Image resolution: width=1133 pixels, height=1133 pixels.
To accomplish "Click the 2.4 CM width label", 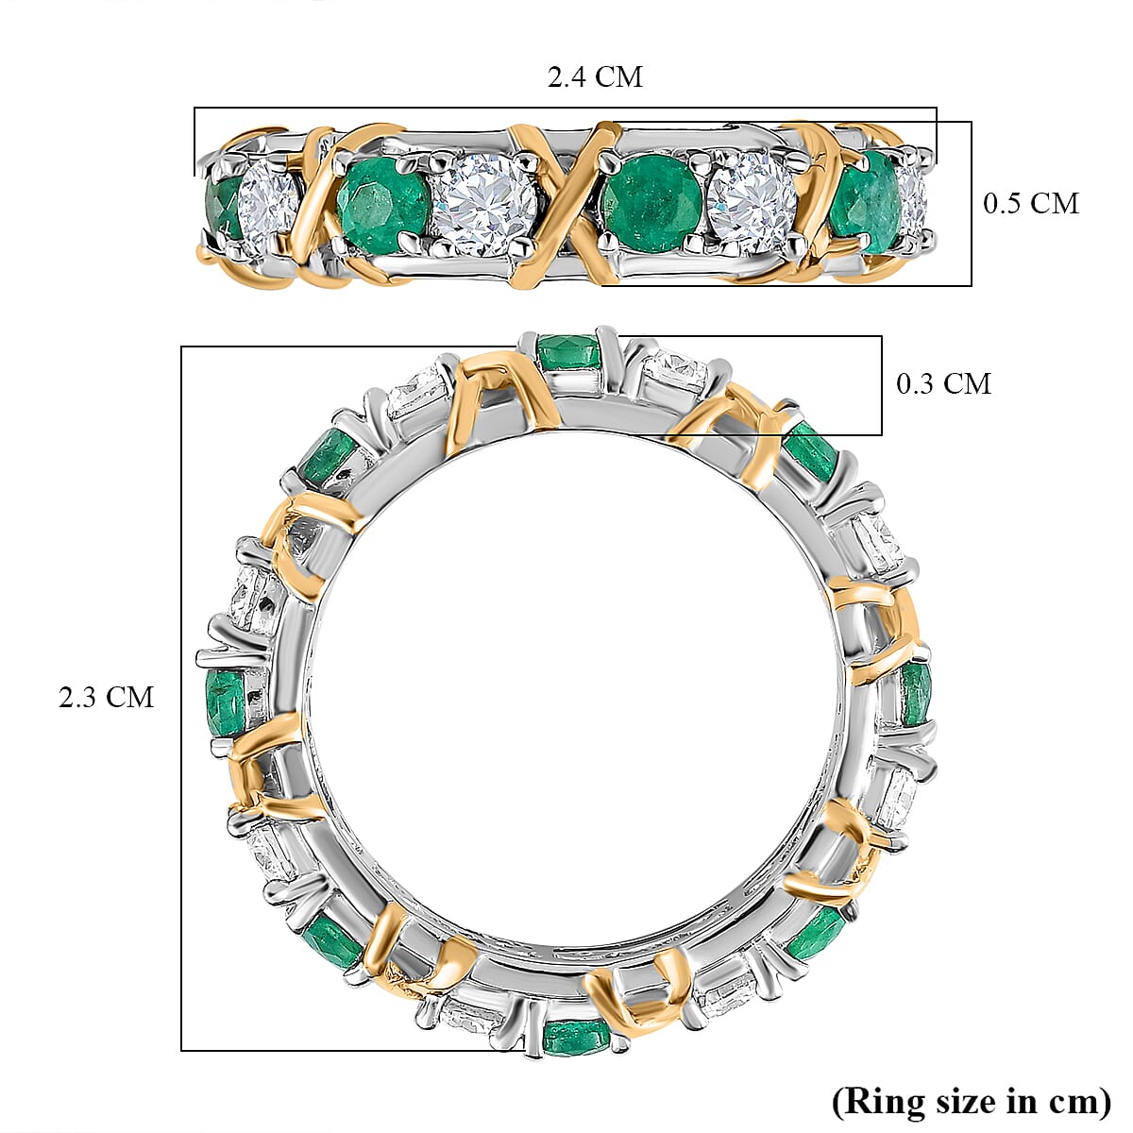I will (x=595, y=76).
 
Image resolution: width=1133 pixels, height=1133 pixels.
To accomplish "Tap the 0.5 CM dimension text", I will (x=1031, y=203).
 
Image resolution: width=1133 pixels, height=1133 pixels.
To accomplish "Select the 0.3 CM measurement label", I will (x=943, y=383).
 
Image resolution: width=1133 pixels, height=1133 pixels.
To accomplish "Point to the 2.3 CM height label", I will (x=106, y=697).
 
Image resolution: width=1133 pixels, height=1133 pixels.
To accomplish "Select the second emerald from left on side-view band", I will (x=382, y=203).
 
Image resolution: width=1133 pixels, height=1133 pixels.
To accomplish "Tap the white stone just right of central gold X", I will (x=753, y=204).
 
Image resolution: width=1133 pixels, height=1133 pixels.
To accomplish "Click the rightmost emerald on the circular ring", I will (x=916, y=692).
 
